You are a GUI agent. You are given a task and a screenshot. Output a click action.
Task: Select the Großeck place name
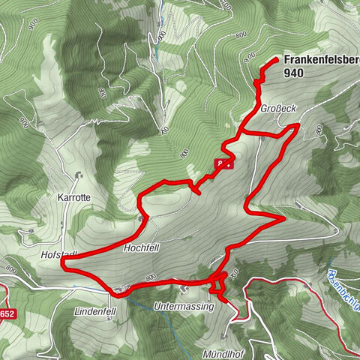(x=279, y=109)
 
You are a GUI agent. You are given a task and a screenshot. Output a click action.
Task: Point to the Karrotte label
(x=73, y=200)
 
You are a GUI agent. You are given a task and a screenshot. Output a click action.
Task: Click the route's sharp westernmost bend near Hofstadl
(x=62, y=263)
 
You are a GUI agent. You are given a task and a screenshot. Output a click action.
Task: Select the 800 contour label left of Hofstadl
(x=10, y=268)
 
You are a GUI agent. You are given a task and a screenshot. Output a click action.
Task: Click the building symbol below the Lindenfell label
(x=110, y=318)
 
